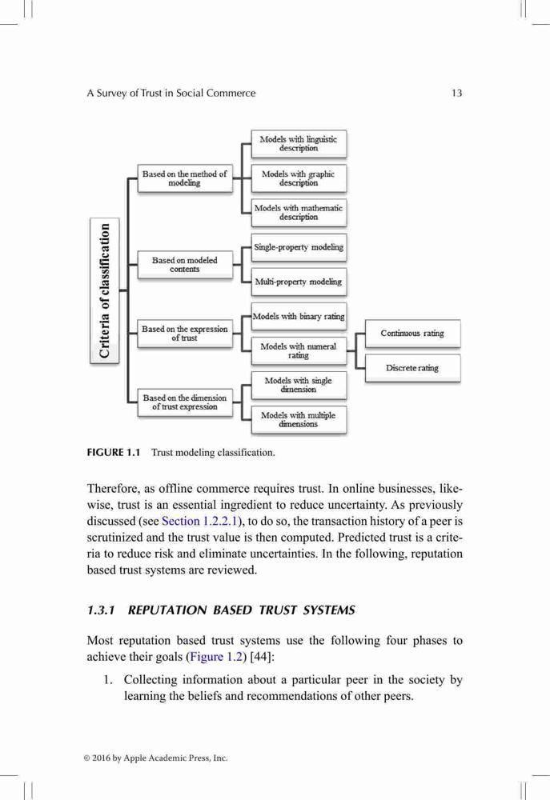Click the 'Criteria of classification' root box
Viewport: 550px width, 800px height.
105,290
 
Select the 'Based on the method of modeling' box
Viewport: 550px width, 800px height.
185,178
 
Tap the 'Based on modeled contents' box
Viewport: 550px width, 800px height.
185,264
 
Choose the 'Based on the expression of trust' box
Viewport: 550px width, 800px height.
185,333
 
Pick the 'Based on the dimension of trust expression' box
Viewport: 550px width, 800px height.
185,402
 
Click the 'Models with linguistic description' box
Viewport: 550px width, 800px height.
299,143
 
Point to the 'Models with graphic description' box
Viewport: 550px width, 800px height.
299,178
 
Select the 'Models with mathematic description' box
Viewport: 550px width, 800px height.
299,212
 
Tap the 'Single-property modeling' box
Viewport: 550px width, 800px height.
299,247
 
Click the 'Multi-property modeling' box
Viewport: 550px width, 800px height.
299,282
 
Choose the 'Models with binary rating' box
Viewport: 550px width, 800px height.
299,316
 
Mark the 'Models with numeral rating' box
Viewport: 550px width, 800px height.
299,350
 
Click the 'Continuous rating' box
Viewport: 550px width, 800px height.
412,333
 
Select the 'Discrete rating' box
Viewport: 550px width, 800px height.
412,368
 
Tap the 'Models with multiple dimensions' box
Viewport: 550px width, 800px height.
299,419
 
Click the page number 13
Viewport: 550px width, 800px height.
456,93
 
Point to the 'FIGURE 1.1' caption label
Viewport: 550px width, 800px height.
114,452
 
